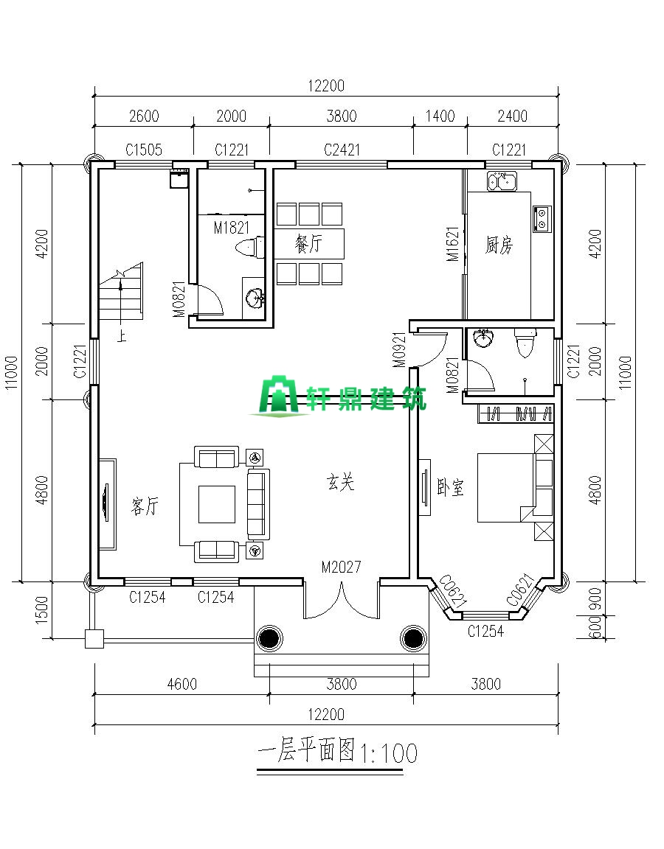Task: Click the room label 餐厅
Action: point(308,244)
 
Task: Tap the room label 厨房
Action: point(499,245)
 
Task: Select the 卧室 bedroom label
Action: point(451,487)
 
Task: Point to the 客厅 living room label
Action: point(145,507)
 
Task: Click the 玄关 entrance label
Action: point(340,482)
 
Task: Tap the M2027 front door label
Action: point(341,567)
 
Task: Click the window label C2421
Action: point(342,150)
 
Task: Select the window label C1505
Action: point(144,150)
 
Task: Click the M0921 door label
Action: point(399,350)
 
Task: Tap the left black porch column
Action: point(269,638)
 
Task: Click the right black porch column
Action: point(413,638)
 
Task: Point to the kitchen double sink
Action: point(502,181)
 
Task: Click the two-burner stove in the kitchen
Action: point(542,218)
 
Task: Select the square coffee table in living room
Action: point(217,504)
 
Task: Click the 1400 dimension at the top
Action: point(440,116)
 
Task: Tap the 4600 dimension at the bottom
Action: point(182,684)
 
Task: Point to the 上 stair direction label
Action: point(122,336)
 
